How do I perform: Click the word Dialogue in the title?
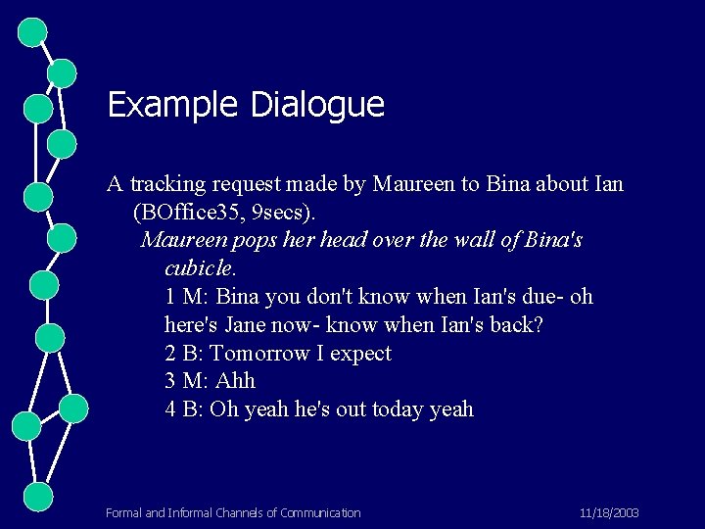pos(317,105)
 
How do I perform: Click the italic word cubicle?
pos(200,267)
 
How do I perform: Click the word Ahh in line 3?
pos(235,380)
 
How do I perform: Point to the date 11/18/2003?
pos(608,512)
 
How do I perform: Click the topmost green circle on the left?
pos(33,32)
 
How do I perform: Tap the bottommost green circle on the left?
pos(38,496)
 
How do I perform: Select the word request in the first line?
pos(249,183)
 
